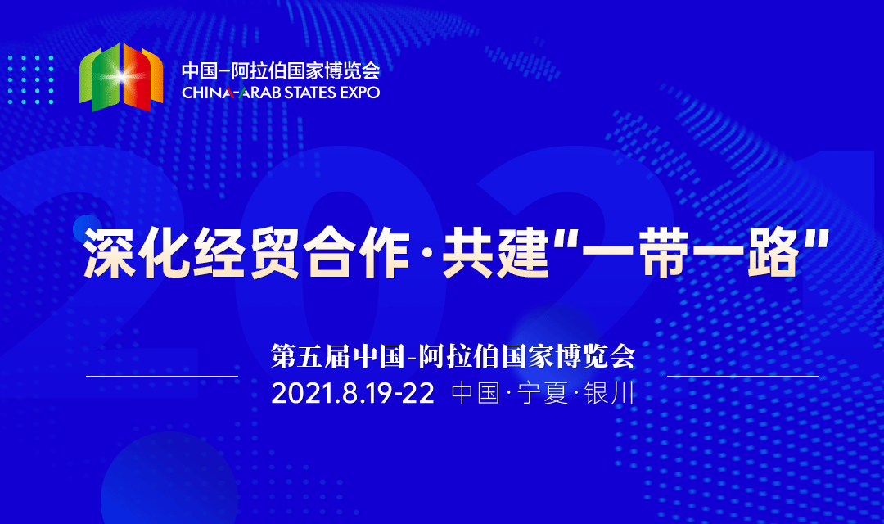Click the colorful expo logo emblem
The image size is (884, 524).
(x=120, y=77)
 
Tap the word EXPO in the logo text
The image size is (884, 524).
(x=361, y=93)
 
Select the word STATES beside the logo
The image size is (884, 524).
(x=311, y=93)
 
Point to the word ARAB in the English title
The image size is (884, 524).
(x=258, y=93)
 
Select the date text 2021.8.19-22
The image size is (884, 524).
(x=353, y=393)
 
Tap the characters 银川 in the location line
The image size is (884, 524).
(x=611, y=393)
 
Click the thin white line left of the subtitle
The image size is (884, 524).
(x=161, y=376)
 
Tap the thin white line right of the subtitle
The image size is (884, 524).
(x=742, y=376)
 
